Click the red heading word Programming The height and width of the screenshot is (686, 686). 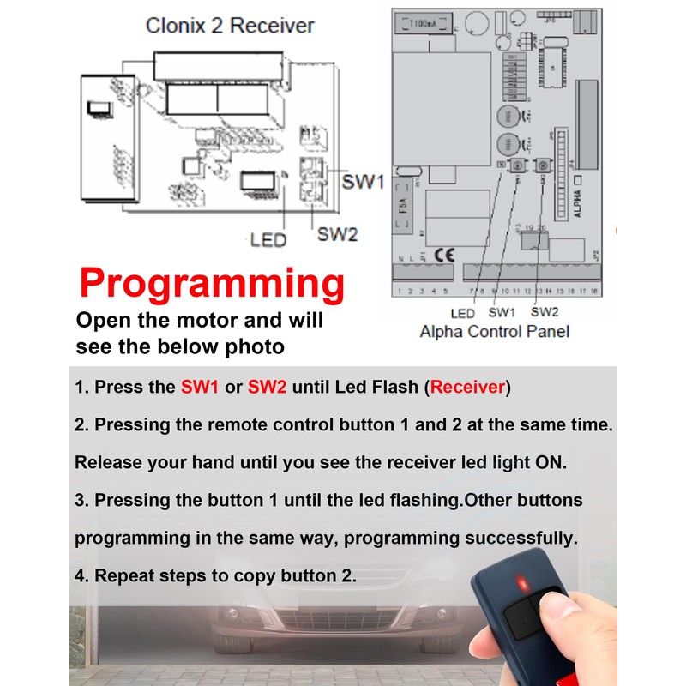click(x=212, y=283)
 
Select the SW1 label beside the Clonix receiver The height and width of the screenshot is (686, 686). click(x=363, y=183)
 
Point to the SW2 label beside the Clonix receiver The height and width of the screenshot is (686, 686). click(x=337, y=234)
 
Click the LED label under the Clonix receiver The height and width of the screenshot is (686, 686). click(x=268, y=240)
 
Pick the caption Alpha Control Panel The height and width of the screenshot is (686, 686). click(x=495, y=331)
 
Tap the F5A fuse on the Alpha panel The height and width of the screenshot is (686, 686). click(x=401, y=209)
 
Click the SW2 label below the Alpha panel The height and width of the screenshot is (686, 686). click(x=545, y=312)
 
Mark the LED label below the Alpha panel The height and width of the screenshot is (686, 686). click(x=462, y=313)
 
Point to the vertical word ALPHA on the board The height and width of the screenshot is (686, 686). click(x=577, y=203)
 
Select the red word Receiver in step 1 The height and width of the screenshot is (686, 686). click(x=468, y=387)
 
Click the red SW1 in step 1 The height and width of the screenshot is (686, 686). click(x=200, y=387)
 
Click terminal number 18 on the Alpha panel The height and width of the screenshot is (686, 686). click(x=593, y=292)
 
